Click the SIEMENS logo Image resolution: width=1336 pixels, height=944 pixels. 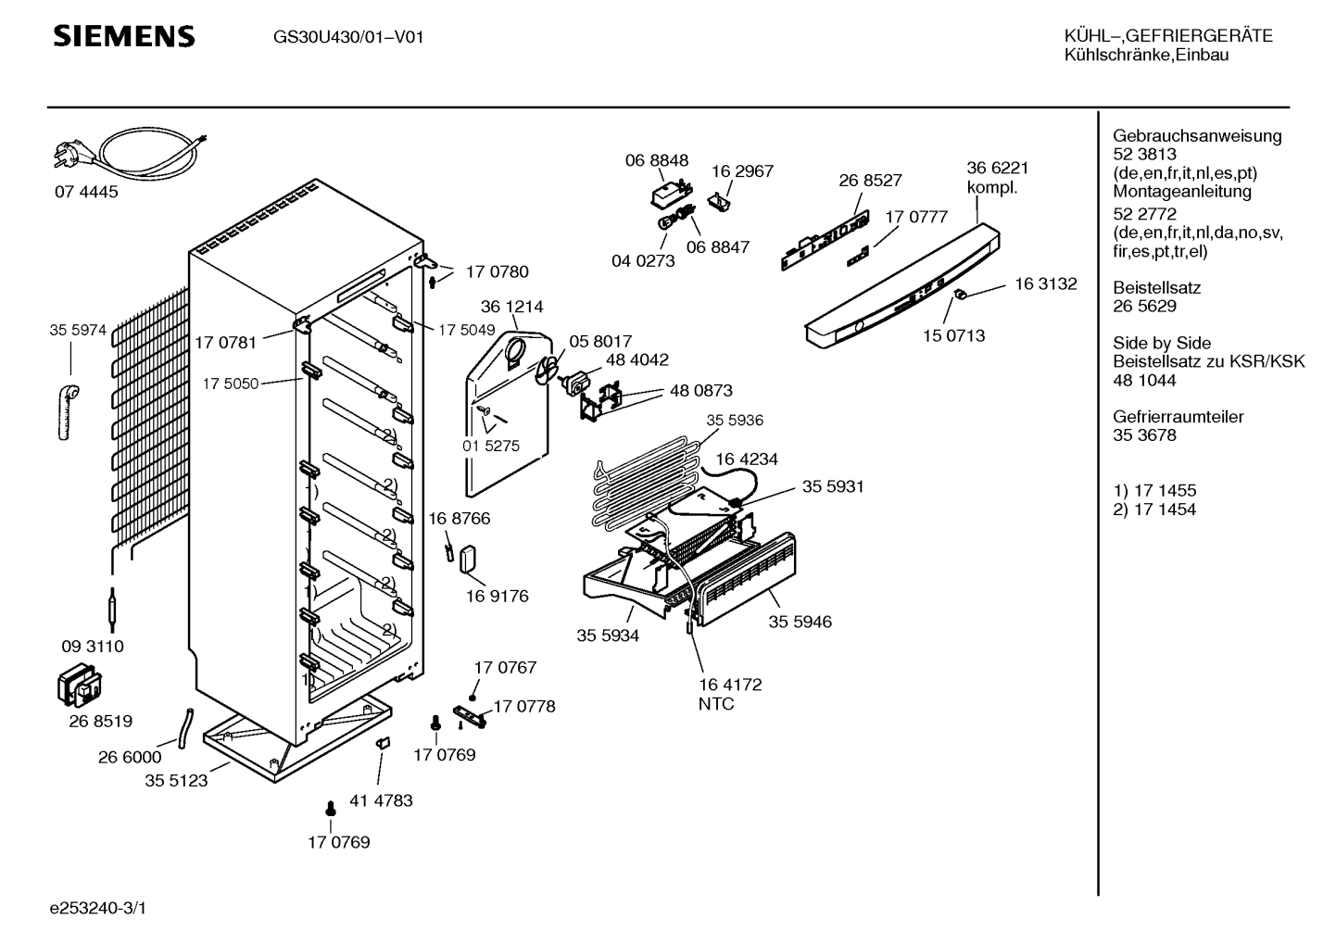[x=123, y=36]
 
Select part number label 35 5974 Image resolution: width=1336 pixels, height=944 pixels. [x=78, y=329]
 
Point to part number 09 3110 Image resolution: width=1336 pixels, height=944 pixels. [x=92, y=647]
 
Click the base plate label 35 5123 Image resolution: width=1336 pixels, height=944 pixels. [x=176, y=781]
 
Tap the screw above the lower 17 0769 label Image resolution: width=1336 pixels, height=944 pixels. [x=330, y=811]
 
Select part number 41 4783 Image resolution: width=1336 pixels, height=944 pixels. [x=381, y=800]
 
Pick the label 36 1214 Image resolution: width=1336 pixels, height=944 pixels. [x=511, y=307]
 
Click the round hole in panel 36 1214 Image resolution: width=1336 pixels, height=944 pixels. [x=513, y=353]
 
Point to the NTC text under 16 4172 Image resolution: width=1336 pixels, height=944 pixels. [x=715, y=704]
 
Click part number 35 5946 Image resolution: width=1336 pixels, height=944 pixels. [x=800, y=622]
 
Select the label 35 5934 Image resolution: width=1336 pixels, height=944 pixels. [x=608, y=636]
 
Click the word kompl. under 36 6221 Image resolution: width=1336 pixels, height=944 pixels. [x=991, y=187]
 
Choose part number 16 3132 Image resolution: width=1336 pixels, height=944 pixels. [x=1045, y=284]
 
